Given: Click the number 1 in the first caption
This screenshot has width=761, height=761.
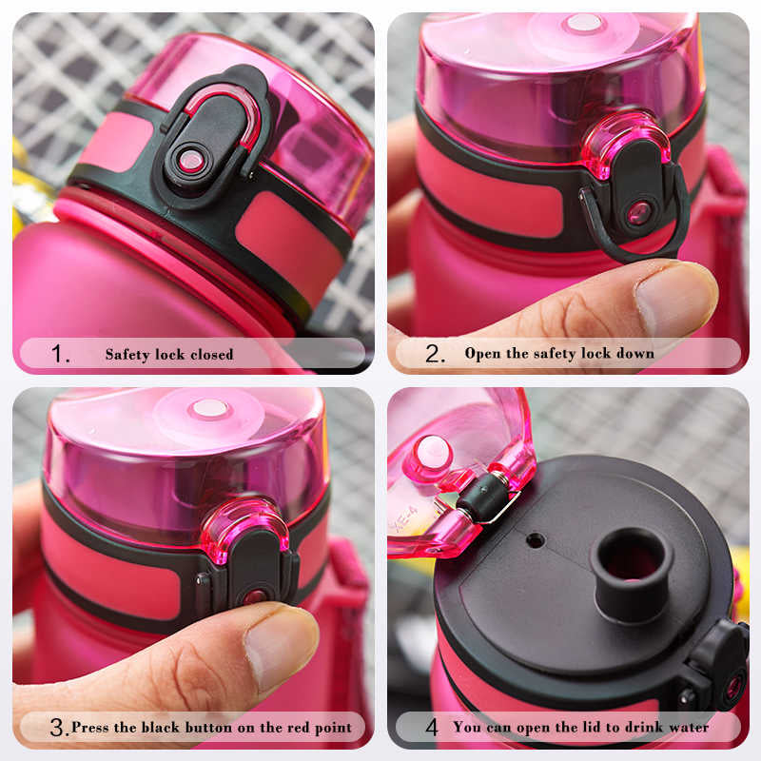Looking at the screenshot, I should (x=60, y=355).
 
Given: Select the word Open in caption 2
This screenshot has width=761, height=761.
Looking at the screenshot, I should (x=482, y=354).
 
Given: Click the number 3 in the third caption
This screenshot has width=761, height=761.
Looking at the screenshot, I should (x=58, y=728).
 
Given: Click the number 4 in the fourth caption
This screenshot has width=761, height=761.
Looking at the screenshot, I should (x=432, y=728).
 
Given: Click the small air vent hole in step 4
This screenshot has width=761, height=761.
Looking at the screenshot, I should (x=536, y=539).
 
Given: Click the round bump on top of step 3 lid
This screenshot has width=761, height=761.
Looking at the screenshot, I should (x=209, y=409).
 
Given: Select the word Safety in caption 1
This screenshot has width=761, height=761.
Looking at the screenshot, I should (x=127, y=355).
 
